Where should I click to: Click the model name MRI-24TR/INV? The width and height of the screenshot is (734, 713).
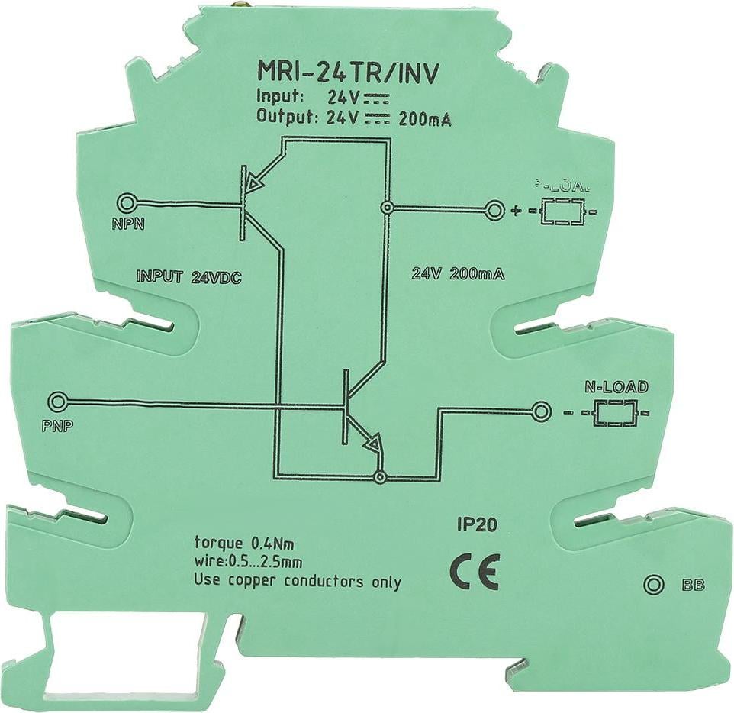coord(349,73)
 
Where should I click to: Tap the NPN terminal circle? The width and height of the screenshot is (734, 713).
coord(126,204)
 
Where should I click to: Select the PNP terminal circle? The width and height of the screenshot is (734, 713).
coord(57,402)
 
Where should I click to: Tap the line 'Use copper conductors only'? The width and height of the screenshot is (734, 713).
coord(298,582)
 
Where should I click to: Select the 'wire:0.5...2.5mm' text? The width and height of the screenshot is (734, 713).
coord(249,563)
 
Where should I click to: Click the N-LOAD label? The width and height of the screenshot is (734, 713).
coord(616,387)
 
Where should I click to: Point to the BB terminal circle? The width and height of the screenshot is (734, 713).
coord(652,585)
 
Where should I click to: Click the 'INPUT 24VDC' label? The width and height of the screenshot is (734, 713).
coord(188,277)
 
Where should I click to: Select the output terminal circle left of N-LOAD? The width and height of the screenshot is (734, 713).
coord(541,412)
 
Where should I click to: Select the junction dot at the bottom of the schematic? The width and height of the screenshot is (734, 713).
coord(379,477)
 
